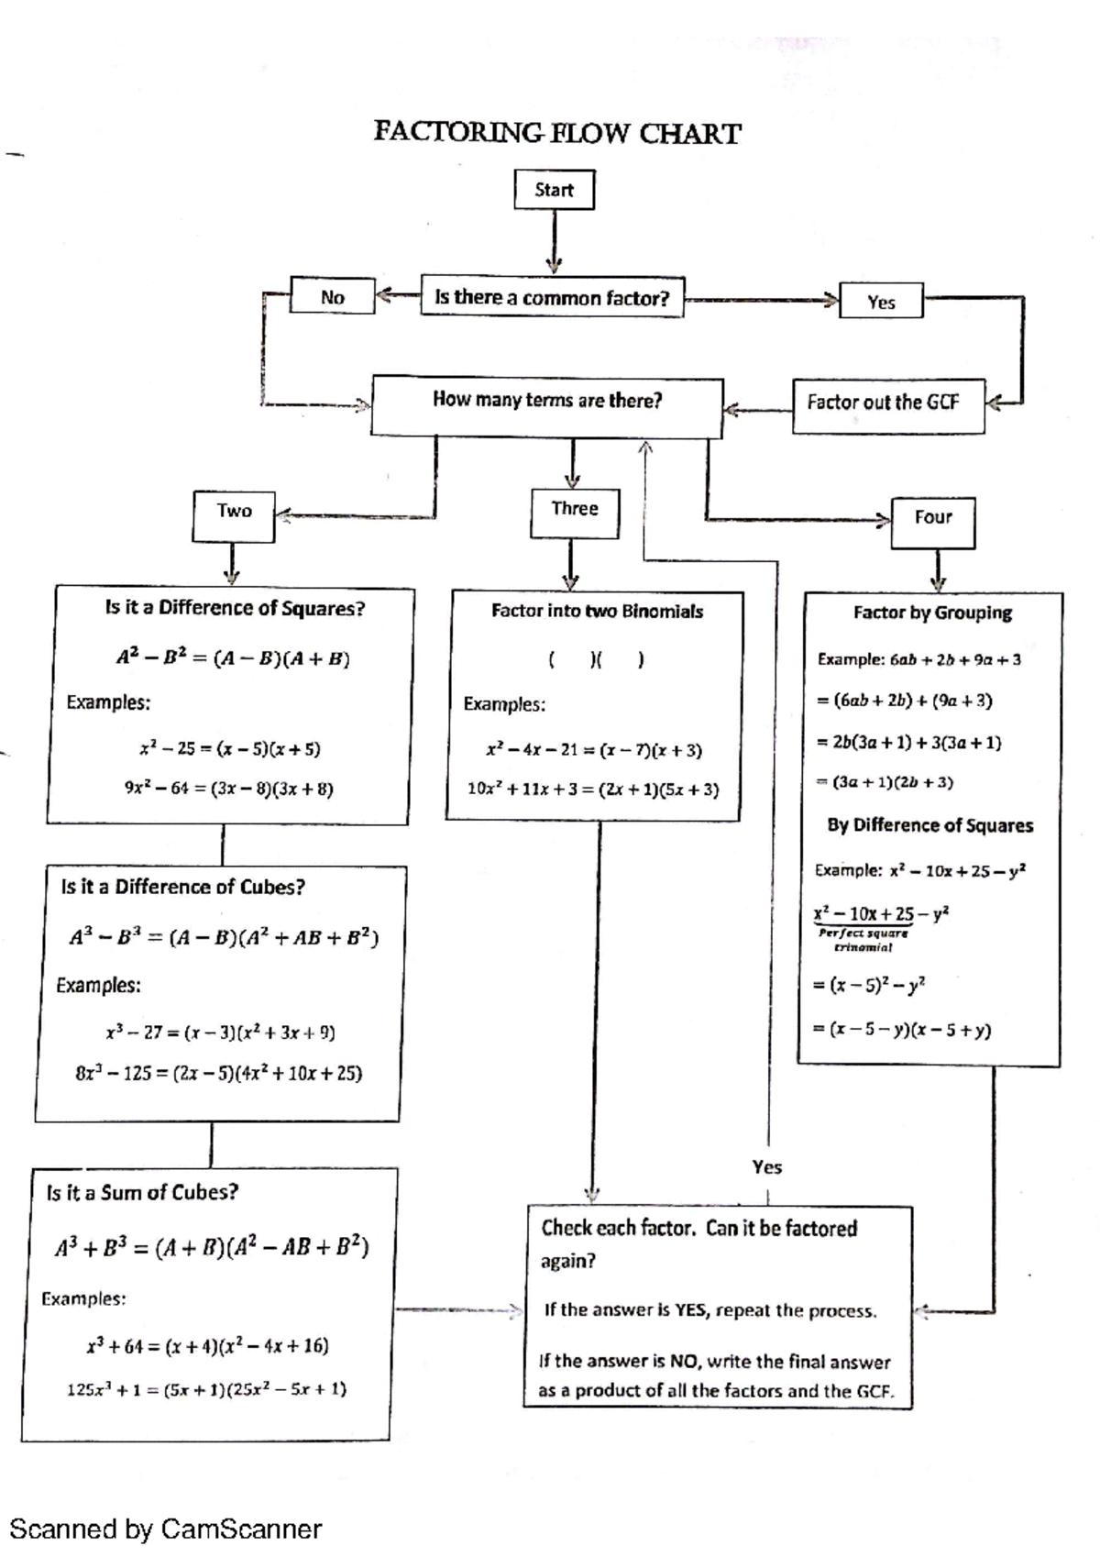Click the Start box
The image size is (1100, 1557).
tap(554, 190)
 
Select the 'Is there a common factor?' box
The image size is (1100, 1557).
tap(552, 297)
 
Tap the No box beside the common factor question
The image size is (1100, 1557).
tap(332, 296)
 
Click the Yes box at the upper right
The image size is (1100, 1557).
tap(881, 302)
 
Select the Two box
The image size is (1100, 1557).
tap(234, 514)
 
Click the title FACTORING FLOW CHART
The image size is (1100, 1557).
tap(556, 134)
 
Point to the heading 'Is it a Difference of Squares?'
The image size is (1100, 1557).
tap(235, 608)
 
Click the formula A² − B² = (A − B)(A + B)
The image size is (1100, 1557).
tap(233, 657)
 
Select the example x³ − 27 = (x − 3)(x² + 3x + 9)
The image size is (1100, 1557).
tap(220, 1032)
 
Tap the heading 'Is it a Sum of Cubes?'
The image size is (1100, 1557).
tap(142, 1192)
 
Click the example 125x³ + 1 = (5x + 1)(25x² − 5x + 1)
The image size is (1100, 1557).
tap(207, 1388)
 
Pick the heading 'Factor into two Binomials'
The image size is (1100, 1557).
tap(597, 611)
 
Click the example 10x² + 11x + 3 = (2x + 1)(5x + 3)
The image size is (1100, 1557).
tap(593, 789)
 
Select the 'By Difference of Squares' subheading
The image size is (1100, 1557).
tap(929, 825)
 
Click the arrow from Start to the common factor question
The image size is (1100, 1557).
tap(553, 242)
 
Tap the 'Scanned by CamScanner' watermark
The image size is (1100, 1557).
tap(166, 1529)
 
